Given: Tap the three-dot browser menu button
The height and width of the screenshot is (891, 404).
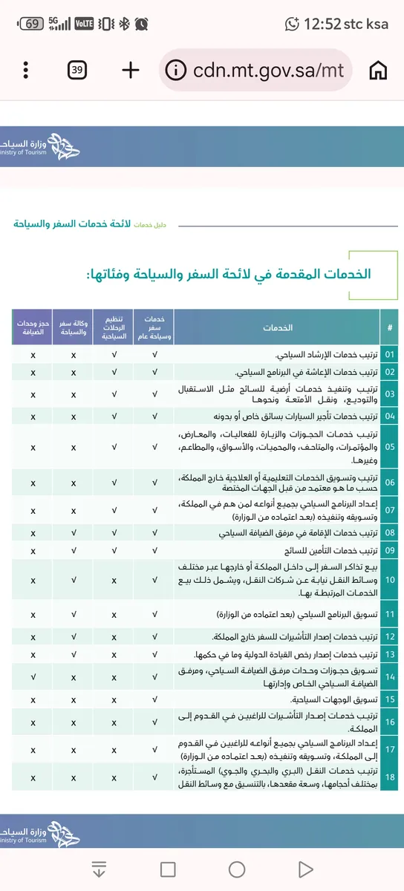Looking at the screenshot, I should click(x=26, y=70).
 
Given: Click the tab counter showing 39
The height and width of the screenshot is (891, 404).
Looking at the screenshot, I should click(x=77, y=70).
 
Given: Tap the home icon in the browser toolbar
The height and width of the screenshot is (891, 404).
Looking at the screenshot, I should click(x=379, y=70).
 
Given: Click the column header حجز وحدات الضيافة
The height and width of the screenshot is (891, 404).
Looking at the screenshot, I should click(x=33, y=327).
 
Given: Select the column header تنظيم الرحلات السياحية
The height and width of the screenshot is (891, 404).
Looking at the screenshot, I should click(x=114, y=327).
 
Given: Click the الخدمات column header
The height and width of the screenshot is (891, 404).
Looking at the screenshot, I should click(x=277, y=327).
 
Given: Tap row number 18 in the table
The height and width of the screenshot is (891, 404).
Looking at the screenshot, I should click(x=390, y=777).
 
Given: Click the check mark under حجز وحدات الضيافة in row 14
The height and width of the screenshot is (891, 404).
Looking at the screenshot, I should click(x=33, y=677).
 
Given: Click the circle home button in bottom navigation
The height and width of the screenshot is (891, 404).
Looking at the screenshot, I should click(x=237, y=869).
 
